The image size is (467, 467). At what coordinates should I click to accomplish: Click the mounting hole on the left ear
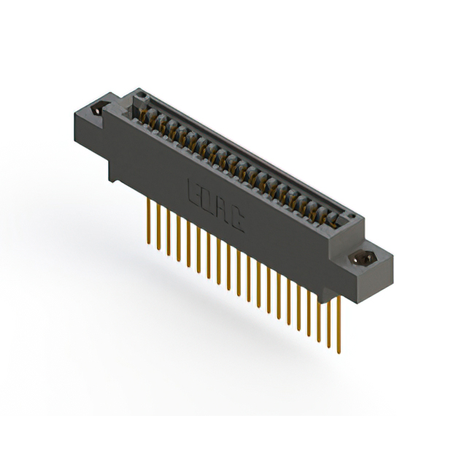(x=96, y=110)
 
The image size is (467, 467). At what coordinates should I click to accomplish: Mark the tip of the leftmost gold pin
(x=150, y=242)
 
